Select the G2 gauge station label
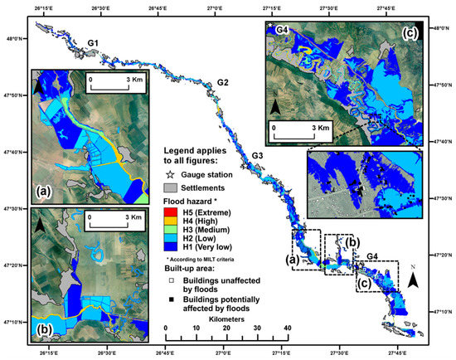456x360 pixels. point(223,82)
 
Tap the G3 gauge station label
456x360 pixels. point(258,156)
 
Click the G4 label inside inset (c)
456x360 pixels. point(282,30)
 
